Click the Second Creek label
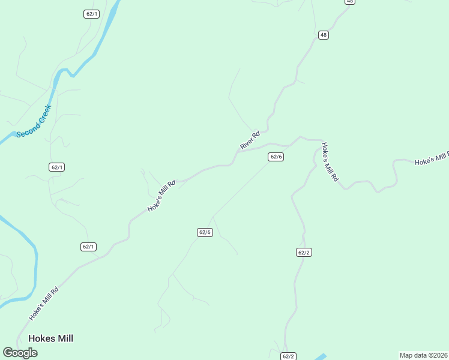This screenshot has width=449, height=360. (x=34, y=121)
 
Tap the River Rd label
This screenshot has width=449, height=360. (x=250, y=140)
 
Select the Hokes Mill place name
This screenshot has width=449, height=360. (x=50, y=338)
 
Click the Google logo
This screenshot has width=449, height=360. (x=20, y=353)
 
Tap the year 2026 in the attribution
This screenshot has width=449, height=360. (x=439, y=355)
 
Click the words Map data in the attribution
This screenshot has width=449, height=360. (x=413, y=355)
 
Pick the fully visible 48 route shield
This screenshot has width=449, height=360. (x=324, y=35)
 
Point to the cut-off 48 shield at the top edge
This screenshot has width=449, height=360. (x=350, y=2)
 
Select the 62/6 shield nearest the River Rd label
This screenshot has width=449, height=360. (x=276, y=157)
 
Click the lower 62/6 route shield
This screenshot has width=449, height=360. (x=205, y=232)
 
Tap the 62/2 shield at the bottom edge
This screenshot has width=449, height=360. (x=289, y=356)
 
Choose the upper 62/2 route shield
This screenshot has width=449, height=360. (x=304, y=253)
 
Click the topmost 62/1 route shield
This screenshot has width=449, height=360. (x=91, y=14)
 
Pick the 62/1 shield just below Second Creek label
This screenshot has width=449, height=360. (x=57, y=167)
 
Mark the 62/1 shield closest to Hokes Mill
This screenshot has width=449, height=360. (x=88, y=247)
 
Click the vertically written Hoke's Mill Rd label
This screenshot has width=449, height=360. (x=330, y=162)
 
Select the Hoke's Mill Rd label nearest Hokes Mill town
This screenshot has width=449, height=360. (x=44, y=304)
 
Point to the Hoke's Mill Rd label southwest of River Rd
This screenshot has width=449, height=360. (x=162, y=196)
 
